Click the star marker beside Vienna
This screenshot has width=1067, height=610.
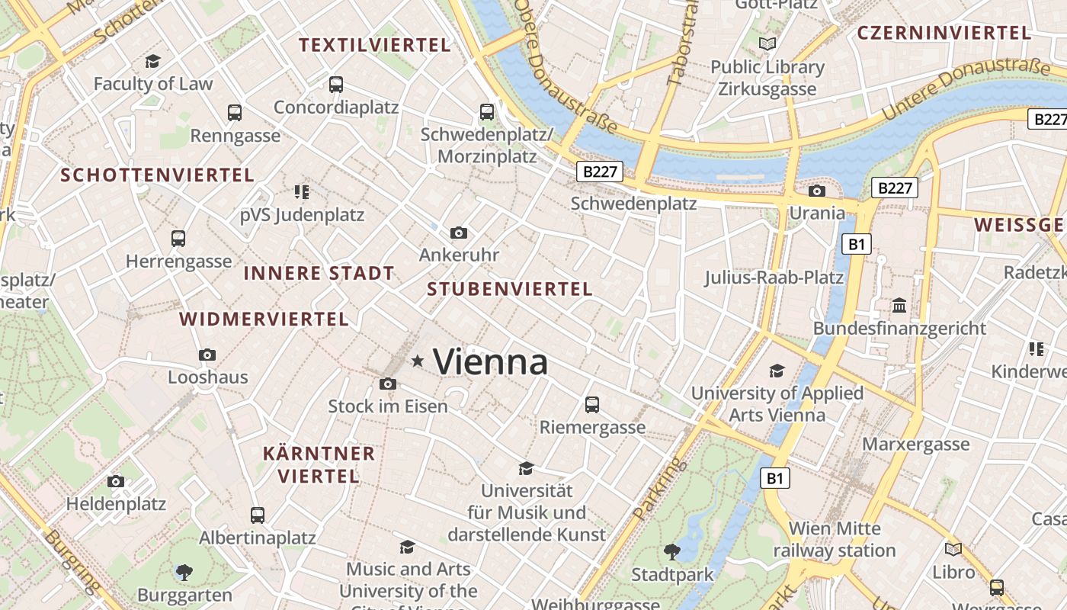coord(418,361)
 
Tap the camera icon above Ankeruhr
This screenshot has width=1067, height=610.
coord(459,233)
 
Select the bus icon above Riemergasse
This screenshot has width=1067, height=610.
coord(592,405)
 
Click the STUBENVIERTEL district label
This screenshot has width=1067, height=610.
coord(510,289)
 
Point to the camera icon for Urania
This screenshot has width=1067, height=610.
coord(817,191)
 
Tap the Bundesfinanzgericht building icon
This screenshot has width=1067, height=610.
coord(899,306)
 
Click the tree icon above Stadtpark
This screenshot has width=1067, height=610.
coord(671,551)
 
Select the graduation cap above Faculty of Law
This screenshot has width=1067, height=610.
coord(153,61)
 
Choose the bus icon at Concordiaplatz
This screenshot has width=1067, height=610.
coord(336,85)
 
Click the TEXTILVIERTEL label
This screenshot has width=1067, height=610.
coord(375,45)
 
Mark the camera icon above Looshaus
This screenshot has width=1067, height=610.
coord(207,355)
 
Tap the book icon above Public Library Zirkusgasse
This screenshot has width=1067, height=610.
coord(767,44)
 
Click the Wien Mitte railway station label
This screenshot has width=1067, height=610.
coord(835,539)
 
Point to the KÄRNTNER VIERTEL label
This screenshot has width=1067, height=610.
coord(319,465)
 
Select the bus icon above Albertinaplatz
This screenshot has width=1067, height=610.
coord(258,515)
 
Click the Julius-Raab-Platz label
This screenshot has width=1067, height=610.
coord(774,277)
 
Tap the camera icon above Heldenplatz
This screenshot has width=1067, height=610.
coord(116,481)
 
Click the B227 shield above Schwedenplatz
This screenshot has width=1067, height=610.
coord(599,172)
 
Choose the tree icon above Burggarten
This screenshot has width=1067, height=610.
coord(184,572)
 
